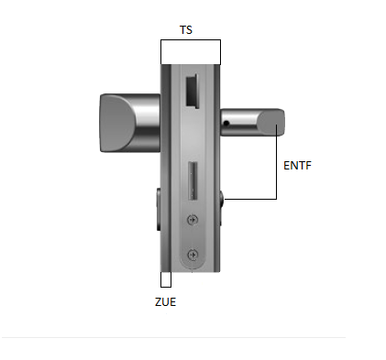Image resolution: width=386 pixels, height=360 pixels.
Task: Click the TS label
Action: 186,30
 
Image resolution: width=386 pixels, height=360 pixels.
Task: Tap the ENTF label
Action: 297,166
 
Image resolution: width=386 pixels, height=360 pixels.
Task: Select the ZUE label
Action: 165,302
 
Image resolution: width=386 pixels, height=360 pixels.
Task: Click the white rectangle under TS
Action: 191,52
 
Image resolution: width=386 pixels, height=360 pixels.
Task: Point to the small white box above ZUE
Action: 166,279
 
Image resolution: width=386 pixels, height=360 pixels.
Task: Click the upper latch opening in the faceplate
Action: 192,91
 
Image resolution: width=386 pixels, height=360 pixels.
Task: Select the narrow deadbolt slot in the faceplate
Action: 193,180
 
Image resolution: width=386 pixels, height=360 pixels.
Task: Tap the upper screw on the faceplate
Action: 193,220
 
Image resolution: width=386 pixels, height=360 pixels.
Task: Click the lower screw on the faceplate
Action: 193,255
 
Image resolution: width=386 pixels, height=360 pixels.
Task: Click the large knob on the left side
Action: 130,123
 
